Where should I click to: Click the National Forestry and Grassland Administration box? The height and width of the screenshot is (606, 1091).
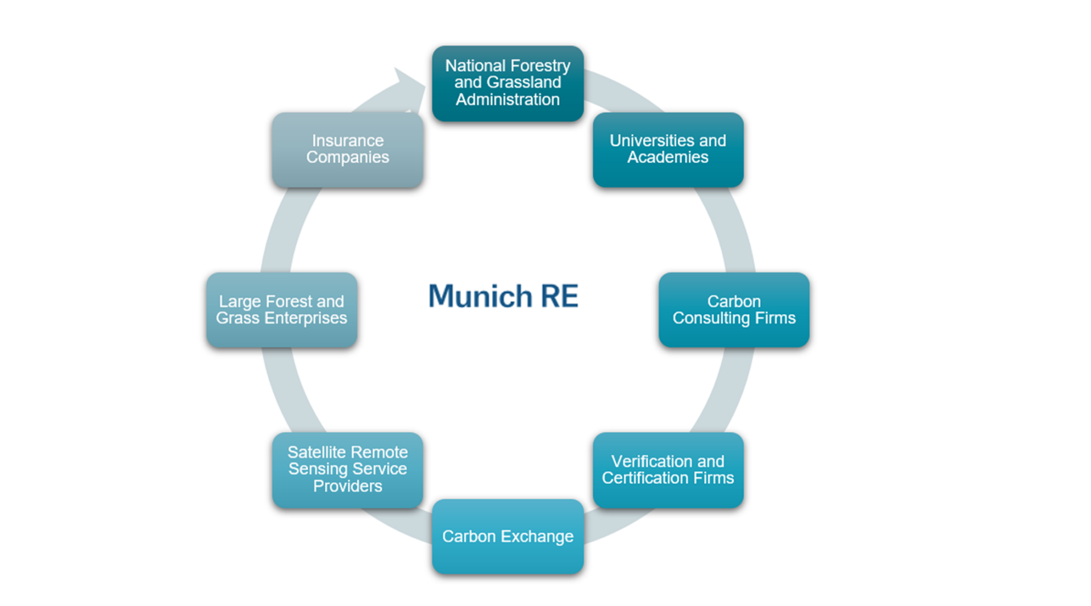[x=507, y=83]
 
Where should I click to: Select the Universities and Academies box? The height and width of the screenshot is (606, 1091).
[x=668, y=150]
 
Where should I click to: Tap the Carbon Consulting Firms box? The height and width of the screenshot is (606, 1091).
[x=734, y=310]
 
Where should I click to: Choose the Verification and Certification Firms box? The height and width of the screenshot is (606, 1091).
[x=668, y=470]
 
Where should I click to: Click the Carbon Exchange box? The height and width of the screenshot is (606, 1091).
[x=507, y=536]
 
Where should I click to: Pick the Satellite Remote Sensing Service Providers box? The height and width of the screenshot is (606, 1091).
[x=347, y=470]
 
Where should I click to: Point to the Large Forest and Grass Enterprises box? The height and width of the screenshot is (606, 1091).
[x=281, y=310]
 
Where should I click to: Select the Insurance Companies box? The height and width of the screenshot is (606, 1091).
[x=347, y=150]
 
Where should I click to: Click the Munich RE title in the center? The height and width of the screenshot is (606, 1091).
[x=503, y=296]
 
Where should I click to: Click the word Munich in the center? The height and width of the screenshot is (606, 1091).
[x=480, y=296]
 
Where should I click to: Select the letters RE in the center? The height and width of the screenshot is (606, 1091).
[x=559, y=296]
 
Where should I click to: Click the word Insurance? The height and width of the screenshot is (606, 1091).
[x=347, y=140]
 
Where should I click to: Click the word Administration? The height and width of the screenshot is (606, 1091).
[x=507, y=99]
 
